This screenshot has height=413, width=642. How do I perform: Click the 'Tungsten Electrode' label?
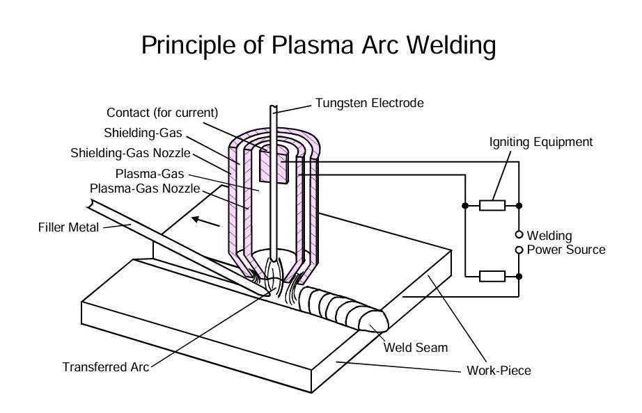(x=369, y=103)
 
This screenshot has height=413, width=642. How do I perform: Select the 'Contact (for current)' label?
(x=162, y=113)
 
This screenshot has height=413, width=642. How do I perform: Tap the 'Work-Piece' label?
(x=498, y=371)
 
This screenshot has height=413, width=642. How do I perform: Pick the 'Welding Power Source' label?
(x=566, y=243)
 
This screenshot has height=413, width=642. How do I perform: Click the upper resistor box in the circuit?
(x=492, y=206)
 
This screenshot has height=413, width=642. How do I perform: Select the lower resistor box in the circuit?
(x=492, y=276)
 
